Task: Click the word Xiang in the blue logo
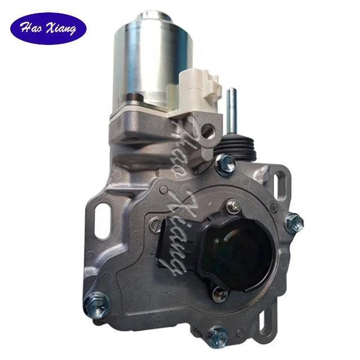pyautogui.click(x=62, y=29)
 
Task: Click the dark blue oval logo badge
pyautogui.click(x=48, y=29)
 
